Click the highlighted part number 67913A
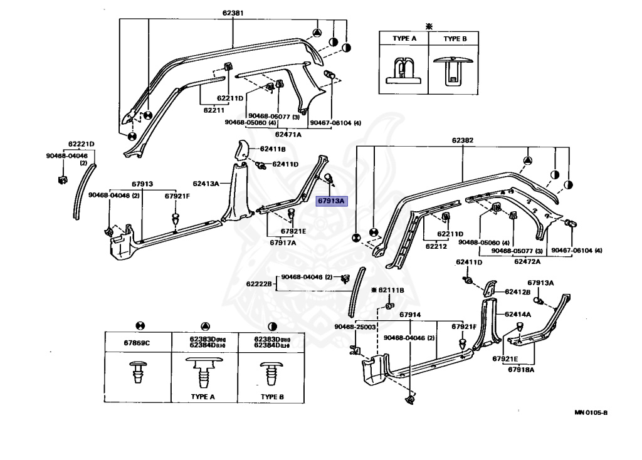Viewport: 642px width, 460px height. pyautogui.click(x=331, y=201)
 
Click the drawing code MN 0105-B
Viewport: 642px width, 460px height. pyautogui.click(x=591, y=412)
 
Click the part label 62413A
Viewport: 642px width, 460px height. pyautogui.click(x=206, y=184)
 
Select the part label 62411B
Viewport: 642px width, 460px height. pyautogui.click(x=273, y=149)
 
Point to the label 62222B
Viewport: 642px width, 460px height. pyautogui.click(x=259, y=284)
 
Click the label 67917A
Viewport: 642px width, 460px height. pyautogui.click(x=283, y=243)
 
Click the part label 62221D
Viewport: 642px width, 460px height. pyautogui.click(x=81, y=144)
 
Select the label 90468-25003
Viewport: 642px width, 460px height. pyautogui.click(x=355, y=327)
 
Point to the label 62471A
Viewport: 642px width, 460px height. pyautogui.click(x=288, y=134)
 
